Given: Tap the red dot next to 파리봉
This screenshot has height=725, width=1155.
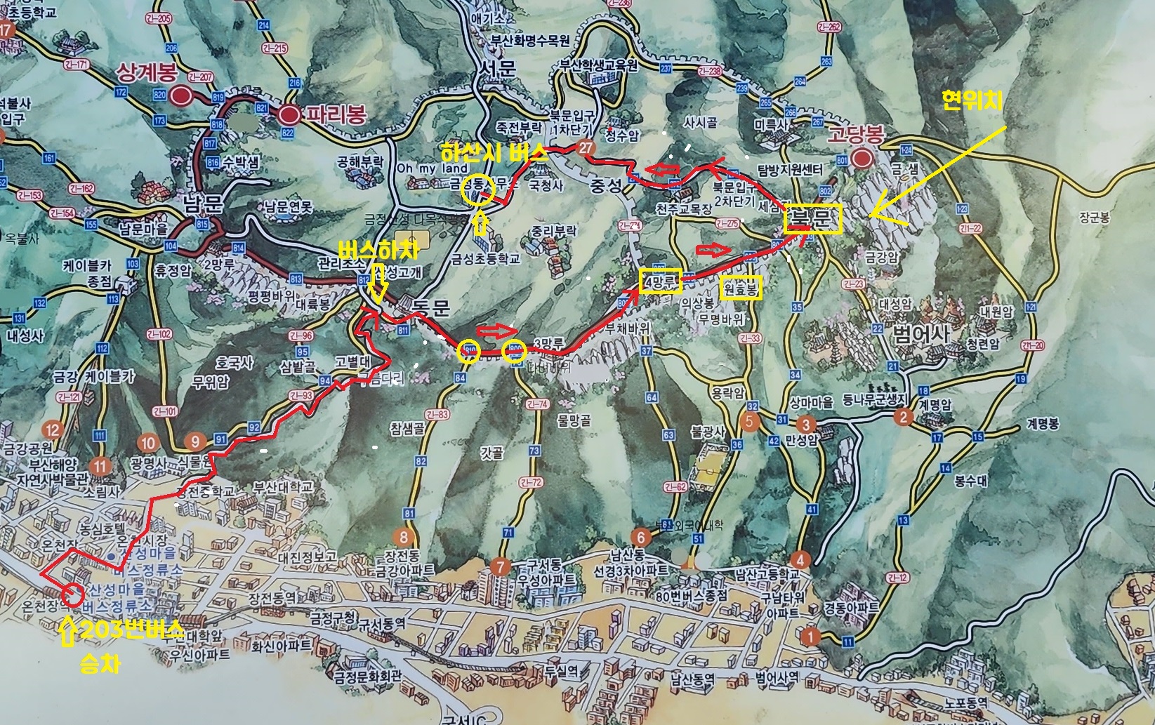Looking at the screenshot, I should pyautogui.click(x=288, y=114).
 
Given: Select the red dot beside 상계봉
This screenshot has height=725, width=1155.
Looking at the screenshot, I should pyautogui.click(x=182, y=95).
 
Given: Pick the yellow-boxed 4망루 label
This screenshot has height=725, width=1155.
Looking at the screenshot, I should pyautogui.click(x=660, y=281).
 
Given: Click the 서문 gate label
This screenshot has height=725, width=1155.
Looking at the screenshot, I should pyautogui.click(x=497, y=67).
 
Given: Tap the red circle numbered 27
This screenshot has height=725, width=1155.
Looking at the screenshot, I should pyautogui.click(x=585, y=147).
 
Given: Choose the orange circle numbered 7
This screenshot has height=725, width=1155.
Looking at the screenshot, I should pyautogui.click(x=501, y=566).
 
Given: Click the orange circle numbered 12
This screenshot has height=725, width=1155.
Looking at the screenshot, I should pyautogui.click(x=52, y=430).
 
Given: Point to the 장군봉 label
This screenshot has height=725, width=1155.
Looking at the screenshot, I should pyautogui.click(x=1095, y=218).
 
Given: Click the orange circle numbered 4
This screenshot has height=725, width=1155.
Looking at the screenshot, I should pyautogui.click(x=800, y=560).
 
